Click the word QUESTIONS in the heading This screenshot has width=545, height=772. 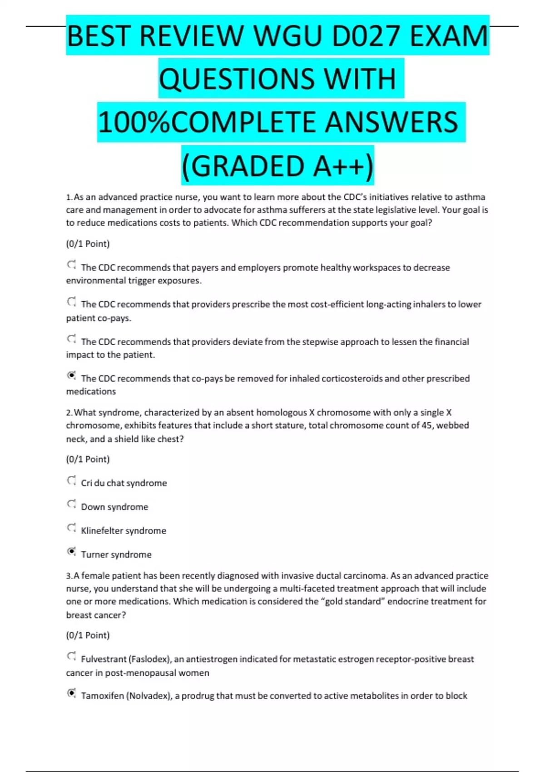click(x=238, y=79)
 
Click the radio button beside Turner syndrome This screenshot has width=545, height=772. click(x=71, y=552)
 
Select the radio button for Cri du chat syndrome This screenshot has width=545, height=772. click(x=71, y=480)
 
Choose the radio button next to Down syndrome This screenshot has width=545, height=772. click(x=71, y=504)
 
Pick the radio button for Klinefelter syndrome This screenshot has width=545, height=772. click(x=71, y=528)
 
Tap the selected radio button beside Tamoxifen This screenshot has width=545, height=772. click(x=71, y=693)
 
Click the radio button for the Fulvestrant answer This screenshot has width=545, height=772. click(x=71, y=657)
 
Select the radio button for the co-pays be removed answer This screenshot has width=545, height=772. click(x=71, y=376)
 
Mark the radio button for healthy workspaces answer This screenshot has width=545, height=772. click(x=71, y=265)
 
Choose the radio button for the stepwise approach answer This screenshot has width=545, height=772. click(x=71, y=339)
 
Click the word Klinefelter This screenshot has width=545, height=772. click(x=102, y=531)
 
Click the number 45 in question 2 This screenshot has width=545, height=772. click(x=427, y=426)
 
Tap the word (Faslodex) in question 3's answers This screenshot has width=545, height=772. click(x=149, y=659)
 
